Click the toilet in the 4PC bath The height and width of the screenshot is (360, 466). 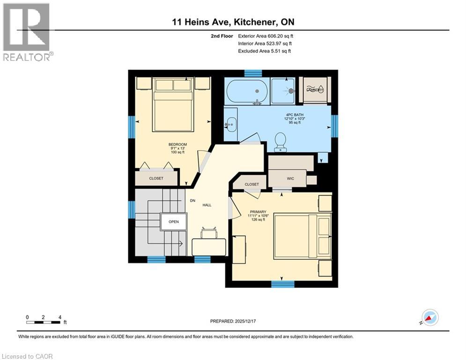click(281, 141)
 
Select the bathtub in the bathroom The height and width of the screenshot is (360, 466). click(247, 91)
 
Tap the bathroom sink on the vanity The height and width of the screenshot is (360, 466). click(230, 125)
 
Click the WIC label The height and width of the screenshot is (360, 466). click(290, 179)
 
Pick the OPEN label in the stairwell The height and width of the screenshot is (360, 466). click(173, 222)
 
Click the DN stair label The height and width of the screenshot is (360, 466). click(192, 201)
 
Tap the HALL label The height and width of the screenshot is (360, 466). click(207, 205)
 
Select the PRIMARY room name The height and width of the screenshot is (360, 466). click(257, 211)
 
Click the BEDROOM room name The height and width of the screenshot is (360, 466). click(178, 144)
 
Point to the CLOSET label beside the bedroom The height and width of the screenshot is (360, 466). click(156, 179)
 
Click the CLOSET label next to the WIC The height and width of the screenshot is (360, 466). click(251, 184)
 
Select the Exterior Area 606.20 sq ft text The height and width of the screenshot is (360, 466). click(266, 36)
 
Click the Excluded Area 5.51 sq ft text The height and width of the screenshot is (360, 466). click(265, 51)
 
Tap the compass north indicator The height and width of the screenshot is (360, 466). click(429, 317)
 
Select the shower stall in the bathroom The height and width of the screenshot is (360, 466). click(283, 91)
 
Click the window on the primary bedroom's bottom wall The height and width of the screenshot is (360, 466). click(283, 283)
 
